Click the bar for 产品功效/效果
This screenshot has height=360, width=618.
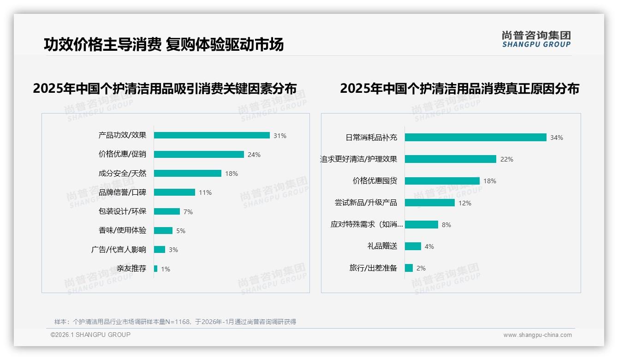tap(212, 135)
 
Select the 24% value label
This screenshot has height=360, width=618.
tap(254, 155)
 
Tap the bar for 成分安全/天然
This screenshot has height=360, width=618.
tap(188, 174)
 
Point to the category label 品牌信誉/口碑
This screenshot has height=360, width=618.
tap(122, 192)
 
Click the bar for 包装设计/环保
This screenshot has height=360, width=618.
tap(167, 211)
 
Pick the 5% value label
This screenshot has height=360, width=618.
tap(181, 231)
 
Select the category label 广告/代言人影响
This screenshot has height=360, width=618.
tap(119, 250)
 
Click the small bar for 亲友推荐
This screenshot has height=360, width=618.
tap(156, 269)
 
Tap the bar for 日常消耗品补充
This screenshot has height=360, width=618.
tap(475, 137)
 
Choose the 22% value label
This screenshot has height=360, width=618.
tap(507, 159)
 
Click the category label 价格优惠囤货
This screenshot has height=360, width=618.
tap(375, 181)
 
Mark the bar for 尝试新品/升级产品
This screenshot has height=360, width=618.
tap(430, 203)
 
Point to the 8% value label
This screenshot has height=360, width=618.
tap(446, 225)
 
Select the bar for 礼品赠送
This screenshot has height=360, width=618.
tap(413, 246)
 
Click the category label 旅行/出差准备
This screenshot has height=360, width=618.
tap(373, 268)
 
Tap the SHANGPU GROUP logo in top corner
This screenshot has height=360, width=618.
tap(536, 39)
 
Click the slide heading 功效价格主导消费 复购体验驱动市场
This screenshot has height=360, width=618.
tap(164, 44)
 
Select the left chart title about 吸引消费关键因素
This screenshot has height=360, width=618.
tap(165, 88)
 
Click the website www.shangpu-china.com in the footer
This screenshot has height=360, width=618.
tap(537, 335)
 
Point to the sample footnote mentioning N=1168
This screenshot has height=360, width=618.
tap(175, 322)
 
